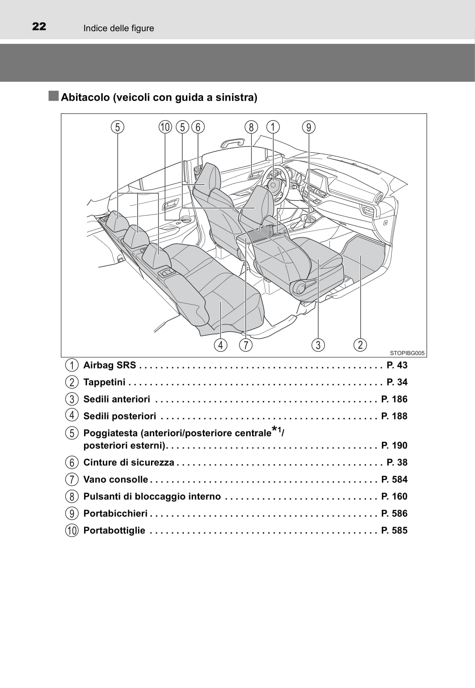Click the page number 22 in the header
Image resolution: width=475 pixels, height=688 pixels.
[x=39, y=27]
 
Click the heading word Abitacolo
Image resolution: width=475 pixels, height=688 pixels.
[x=85, y=97]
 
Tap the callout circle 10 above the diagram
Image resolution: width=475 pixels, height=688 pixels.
[x=165, y=127]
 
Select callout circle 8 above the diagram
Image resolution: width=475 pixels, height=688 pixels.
[x=251, y=127]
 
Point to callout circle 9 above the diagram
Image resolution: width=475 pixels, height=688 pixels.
[x=309, y=127]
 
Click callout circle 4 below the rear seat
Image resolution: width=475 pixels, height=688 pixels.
[x=220, y=345]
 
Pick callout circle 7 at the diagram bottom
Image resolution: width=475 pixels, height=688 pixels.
[x=246, y=345]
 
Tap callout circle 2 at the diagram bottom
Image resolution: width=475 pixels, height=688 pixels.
[x=360, y=344]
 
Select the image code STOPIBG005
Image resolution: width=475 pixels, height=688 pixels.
[x=407, y=353]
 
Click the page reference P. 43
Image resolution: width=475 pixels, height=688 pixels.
[x=397, y=365]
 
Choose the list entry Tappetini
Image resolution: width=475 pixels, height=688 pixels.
[x=104, y=382]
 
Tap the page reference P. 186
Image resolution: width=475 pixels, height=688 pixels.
[x=394, y=399]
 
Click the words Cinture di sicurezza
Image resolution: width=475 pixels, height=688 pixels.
[x=129, y=463]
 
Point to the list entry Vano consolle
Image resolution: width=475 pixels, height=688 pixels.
[x=116, y=480]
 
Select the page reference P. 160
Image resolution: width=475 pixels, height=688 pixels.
[x=394, y=497]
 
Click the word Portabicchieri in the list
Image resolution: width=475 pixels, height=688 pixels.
[x=116, y=514]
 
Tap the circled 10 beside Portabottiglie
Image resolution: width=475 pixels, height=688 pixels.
[x=72, y=530]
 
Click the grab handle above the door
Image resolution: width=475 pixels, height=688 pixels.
[x=233, y=143]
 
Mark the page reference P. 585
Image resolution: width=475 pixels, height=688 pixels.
[x=394, y=530]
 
